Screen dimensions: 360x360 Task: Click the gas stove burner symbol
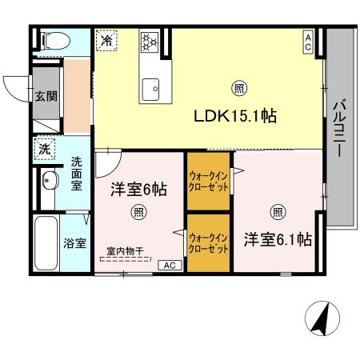coord(150,40)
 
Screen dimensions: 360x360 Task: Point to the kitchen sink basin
coord(150,90)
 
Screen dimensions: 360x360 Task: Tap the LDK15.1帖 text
coord(236,116)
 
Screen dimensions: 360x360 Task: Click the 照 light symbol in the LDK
coord(238,88)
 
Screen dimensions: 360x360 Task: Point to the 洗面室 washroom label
coord(77,173)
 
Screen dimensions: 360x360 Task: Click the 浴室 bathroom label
coord(76,242)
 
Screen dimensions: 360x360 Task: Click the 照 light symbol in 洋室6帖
coord(138,212)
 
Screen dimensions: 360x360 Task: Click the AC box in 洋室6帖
coord(169,265)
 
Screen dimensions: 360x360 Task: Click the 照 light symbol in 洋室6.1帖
coord(277,212)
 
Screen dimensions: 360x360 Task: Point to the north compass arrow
coord(318,320)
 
